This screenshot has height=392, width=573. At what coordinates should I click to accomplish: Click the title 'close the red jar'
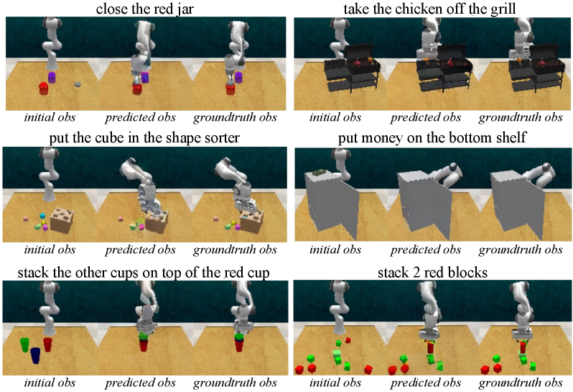(x=145, y=9)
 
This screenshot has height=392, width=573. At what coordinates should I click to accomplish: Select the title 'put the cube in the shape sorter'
(x=145, y=138)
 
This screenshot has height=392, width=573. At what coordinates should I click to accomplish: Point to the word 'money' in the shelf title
(x=381, y=138)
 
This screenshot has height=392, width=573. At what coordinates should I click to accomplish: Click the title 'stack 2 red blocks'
(x=432, y=273)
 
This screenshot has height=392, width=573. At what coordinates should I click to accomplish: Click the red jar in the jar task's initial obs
(x=44, y=88)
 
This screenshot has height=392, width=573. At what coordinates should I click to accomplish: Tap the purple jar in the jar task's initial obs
(x=52, y=77)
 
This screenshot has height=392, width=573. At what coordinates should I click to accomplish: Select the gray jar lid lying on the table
(x=78, y=85)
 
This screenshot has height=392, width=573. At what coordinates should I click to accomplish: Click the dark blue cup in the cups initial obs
(x=35, y=356)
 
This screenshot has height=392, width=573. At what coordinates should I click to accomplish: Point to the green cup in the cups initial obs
(x=25, y=345)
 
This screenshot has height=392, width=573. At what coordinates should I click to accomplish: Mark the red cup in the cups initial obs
(x=48, y=345)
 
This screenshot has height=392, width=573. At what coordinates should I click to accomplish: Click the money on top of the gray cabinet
(x=319, y=172)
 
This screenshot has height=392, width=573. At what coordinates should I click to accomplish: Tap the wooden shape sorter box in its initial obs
(x=62, y=219)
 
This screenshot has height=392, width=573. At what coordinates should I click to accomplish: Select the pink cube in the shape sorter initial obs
(x=26, y=219)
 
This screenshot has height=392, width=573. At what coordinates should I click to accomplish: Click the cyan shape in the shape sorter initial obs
(x=42, y=216)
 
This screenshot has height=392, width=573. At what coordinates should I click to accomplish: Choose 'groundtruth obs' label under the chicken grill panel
(x=521, y=117)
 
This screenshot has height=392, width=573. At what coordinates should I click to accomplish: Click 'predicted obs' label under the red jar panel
(x=140, y=117)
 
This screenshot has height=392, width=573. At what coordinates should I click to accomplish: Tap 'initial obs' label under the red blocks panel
(x=335, y=383)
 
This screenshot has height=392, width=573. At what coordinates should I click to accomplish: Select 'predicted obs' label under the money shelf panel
(x=426, y=250)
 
